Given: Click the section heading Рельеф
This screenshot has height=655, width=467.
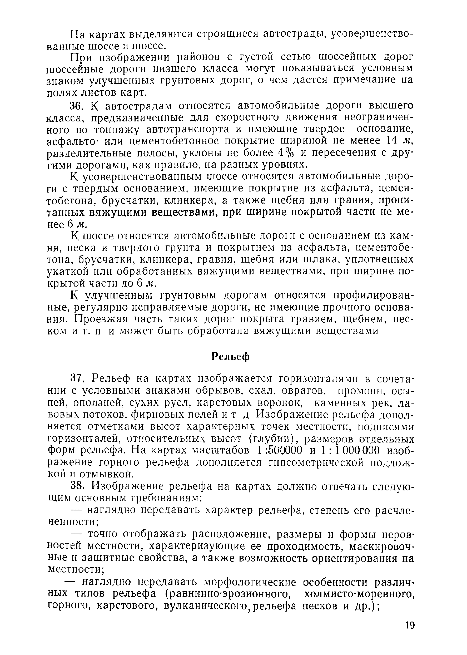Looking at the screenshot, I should coord(231,357).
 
